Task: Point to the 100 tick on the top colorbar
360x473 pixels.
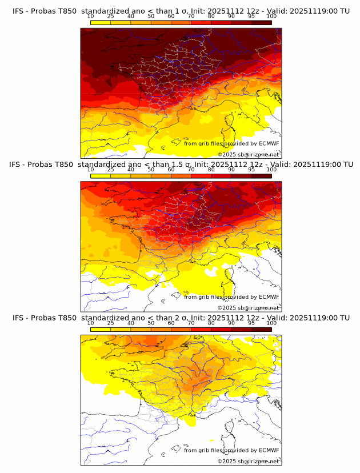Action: coord(271,16)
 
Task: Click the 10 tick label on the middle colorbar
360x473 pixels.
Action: coord(91,170)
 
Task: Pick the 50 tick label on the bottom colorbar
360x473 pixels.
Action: coord(151,323)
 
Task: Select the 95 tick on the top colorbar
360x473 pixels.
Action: coord(251,16)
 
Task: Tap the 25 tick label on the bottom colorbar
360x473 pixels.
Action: coord(111,323)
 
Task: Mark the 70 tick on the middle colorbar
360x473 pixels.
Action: coord(191,170)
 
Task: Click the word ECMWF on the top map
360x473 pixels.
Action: coord(269,143)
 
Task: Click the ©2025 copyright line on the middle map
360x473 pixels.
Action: coord(248,308)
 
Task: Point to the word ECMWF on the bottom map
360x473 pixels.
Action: coord(269,450)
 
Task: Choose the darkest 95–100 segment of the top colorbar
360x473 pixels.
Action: coord(261,22)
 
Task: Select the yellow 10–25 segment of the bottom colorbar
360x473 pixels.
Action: coord(101,329)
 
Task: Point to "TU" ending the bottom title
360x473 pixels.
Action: coord(345,318)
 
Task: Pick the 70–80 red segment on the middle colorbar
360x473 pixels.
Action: coord(201,175)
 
